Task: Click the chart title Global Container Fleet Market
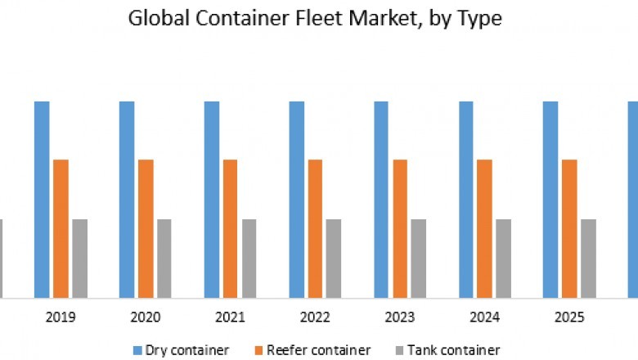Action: click(315, 19)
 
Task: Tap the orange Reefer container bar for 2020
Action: click(146, 228)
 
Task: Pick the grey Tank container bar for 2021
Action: click(249, 258)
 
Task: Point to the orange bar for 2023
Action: click(400, 228)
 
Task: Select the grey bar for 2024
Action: click(503, 258)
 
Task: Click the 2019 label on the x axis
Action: click(61, 317)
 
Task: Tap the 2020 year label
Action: click(146, 317)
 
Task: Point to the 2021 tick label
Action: click(231, 317)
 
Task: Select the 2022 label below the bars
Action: click(316, 317)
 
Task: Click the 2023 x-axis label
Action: click(401, 317)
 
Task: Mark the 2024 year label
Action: click(486, 317)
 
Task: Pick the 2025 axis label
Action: click(570, 317)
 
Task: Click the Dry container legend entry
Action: click(181, 350)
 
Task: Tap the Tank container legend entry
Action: click(448, 350)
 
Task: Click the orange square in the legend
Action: click(260, 350)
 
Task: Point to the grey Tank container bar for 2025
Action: click(588, 258)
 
